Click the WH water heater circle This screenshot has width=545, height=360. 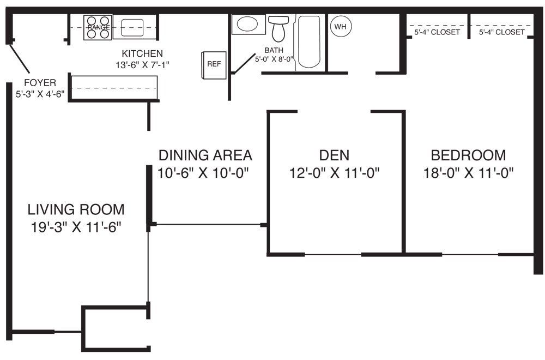click(341, 26)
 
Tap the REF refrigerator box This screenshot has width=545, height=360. click(214, 65)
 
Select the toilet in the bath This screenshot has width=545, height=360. click(278, 28)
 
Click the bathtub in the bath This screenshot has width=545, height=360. click(309, 41)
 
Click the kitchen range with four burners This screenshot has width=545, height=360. click(98, 27)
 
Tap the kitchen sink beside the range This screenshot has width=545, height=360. click(132, 27)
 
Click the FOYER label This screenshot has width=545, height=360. click(40, 83)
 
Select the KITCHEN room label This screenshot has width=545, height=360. click(142, 53)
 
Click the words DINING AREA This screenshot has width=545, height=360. click(205, 155)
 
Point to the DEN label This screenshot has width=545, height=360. click(335, 155)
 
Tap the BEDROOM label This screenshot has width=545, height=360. click(468, 155)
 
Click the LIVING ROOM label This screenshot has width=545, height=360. click(76, 209)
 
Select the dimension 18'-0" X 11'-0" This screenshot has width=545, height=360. click(468, 172)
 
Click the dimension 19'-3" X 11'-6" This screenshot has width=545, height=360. click(76, 227)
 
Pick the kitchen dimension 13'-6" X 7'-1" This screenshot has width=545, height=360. click(142, 65)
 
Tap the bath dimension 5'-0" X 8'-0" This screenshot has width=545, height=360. click(274, 59)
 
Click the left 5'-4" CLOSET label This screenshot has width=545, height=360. click(437, 32)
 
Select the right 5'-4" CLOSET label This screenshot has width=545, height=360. click(501, 32)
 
